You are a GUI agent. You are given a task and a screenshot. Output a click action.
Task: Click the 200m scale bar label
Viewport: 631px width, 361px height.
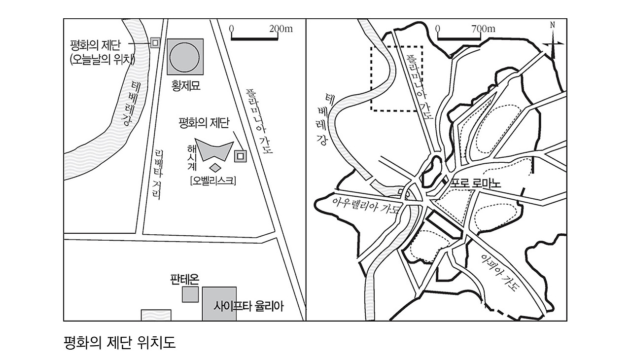[281, 29]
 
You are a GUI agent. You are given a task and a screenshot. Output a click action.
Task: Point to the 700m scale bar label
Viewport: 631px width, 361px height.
[483, 29]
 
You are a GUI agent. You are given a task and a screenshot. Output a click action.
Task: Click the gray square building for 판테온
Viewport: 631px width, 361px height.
[190, 294]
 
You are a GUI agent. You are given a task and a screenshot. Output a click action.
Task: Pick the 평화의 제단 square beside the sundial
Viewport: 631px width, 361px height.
[240, 156]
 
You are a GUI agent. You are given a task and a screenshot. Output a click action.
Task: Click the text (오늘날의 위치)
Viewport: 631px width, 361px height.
[103, 59]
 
